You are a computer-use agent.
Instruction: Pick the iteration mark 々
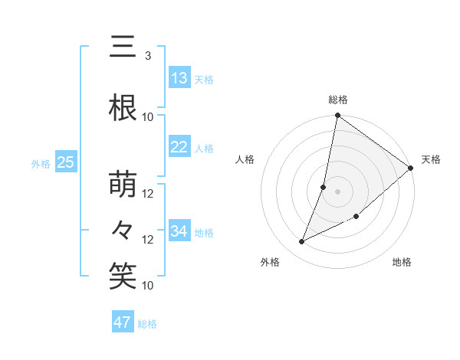point(123,230)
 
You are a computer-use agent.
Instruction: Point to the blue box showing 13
point(179,78)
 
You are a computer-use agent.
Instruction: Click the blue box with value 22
point(179,148)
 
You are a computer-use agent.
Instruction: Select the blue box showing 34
point(179,231)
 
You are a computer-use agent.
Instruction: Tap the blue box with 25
point(66,162)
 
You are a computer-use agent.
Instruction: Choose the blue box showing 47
point(123,322)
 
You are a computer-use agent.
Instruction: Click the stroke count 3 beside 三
point(148,56)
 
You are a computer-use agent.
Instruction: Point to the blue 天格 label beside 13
point(203,80)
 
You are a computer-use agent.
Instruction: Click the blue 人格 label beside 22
point(203,149)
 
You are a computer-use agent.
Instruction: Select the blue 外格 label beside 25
point(41,163)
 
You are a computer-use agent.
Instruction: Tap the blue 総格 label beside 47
point(147,324)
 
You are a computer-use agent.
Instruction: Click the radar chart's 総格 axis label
point(337,100)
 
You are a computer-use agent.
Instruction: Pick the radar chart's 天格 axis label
point(431,159)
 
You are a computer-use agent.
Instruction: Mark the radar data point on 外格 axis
point(302,242)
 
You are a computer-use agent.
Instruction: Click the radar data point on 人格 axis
point(324,187)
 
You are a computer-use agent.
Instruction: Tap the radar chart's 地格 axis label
point(402,263)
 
